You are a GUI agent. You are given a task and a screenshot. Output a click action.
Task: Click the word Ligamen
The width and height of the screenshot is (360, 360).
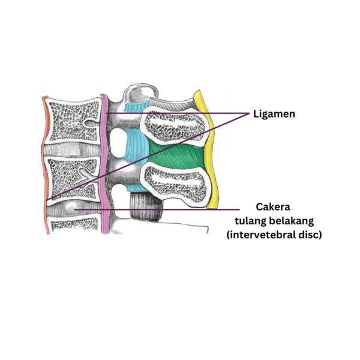click(x=274, y=113)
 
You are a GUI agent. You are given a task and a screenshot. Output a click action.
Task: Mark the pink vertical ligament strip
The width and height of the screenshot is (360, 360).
click(x=106, y=162)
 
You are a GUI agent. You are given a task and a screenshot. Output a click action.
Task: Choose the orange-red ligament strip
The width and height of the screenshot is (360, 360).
click(x=45, y=162)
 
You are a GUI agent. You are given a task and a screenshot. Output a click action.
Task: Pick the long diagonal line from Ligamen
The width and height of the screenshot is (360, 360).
click(x=150, y=155)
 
